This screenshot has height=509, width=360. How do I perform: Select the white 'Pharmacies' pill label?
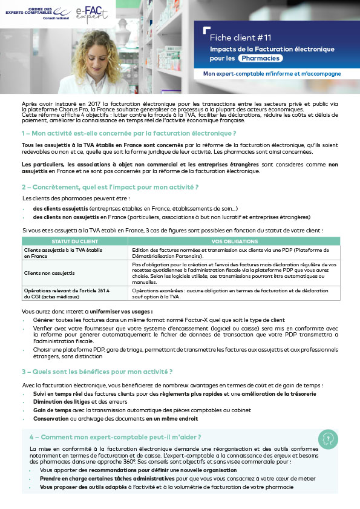pyautogui.click(x=260, y=58)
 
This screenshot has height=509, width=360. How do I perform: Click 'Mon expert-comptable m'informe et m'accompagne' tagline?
pyautogui.click(x=272, y=74)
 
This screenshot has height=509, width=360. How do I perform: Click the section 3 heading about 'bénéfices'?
pyautogui.click(x=97, y=371)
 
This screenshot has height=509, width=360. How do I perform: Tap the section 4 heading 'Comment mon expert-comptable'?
pyautogui.click(x=116, y=436)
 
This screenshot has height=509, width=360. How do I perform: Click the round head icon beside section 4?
pyautogui.click(x=327, y=437)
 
